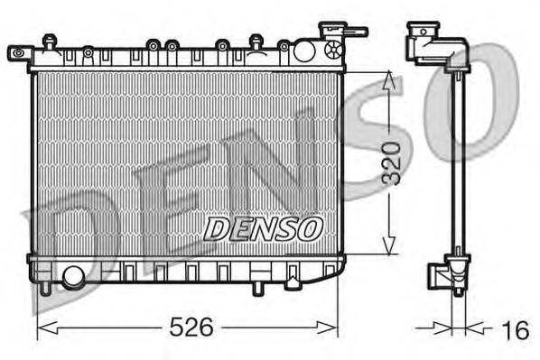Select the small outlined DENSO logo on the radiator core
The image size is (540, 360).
(x=263, y=228)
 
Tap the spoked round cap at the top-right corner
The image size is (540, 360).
(x=333, y=48)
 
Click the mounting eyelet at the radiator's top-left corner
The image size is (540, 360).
(x=15, y=53)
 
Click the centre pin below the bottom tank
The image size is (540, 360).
(x=256, y=288)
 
